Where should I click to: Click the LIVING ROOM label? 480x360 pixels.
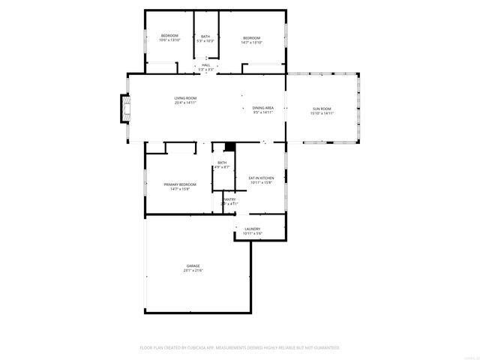pos(185,98)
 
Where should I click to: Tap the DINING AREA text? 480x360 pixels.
pos(262,108)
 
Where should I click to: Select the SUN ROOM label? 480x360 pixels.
pos(322,109)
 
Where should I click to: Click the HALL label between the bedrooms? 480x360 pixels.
pos(205,65)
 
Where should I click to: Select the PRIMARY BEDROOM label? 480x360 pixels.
pos(180,184)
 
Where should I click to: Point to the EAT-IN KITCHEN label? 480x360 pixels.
pos(261,178)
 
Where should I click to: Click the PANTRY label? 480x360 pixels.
pos(229,199)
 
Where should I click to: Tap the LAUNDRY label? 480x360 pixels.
pos(252,229)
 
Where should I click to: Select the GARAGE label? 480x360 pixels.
pos(193,266)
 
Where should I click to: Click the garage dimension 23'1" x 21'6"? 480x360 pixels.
pos(193,271)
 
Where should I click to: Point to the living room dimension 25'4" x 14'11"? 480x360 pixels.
pos(185,103)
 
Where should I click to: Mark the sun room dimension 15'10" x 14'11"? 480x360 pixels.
pos(322,114)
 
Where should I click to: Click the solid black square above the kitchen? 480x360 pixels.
pos(230,145)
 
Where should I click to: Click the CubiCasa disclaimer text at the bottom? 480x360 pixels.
pos(240,348)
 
